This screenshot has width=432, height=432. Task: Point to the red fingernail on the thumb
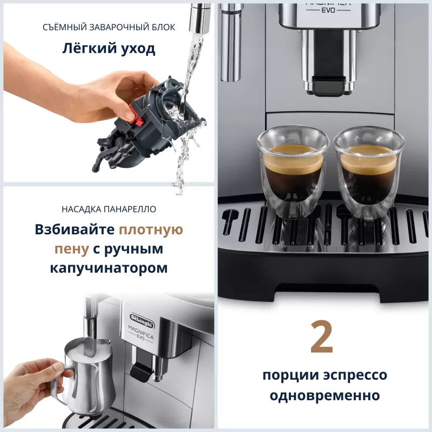(129, 114)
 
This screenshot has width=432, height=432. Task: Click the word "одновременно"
(322, 395)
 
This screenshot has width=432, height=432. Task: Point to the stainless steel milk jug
(89, 373)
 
